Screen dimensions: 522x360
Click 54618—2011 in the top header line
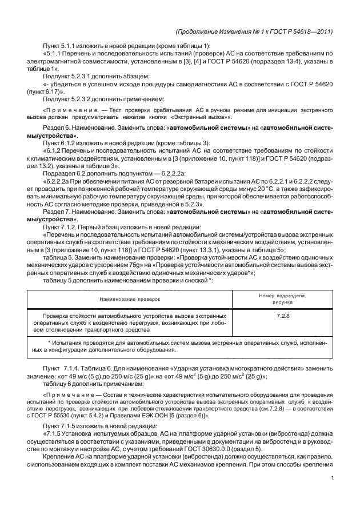(312, 31)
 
